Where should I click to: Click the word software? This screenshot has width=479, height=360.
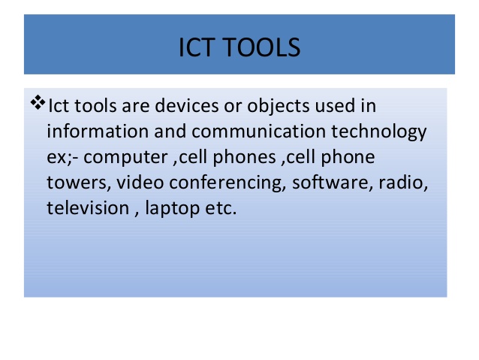pyautogui.click(x=330, y=182)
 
